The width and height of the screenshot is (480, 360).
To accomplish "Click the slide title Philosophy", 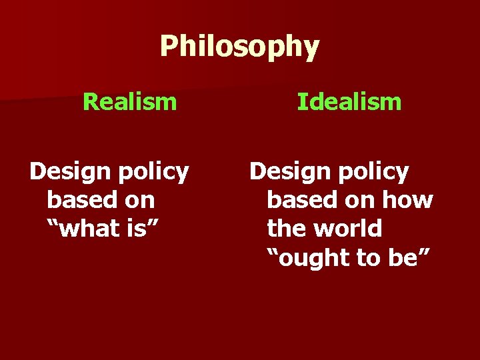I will (x=239, y=47).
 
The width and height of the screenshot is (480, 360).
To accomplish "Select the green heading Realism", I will (x=129, y=102).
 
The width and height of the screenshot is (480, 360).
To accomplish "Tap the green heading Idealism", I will (x=349, y=102).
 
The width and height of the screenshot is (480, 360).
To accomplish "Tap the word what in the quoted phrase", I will (x=91, y=229).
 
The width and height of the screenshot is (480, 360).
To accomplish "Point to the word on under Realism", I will (x=138, y=201).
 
